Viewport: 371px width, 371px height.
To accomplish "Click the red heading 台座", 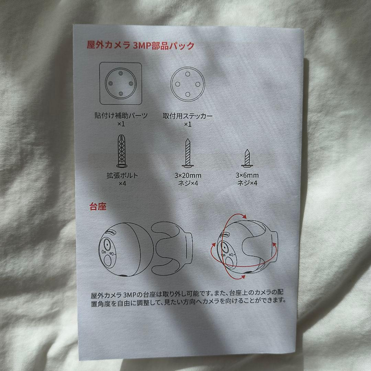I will (x=98, y=207).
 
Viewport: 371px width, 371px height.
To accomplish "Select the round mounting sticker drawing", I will (x=188, y=84).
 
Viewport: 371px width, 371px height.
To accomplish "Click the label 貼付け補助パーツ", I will (x=121, y=115).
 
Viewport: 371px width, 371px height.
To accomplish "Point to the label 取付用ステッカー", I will (x=188, y=116).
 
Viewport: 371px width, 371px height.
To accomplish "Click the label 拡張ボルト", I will (x=122, y=175).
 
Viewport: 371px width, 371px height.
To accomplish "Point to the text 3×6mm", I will (x=247, y=175).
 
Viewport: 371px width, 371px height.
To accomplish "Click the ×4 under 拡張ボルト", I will (x=123, y=184).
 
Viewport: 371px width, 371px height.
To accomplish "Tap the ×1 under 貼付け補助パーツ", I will (x=121, y=124).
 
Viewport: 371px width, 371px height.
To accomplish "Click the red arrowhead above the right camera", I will (x=244, y=216).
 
